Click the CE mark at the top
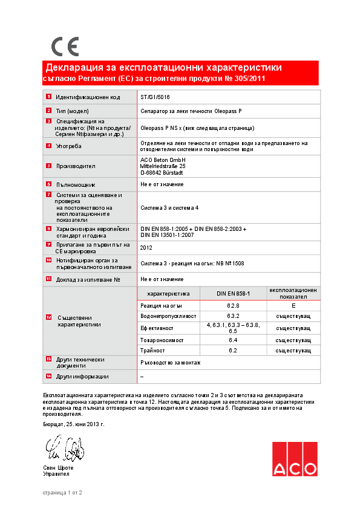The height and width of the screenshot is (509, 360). coord(65,46)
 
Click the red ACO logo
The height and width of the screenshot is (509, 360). coord(294,459)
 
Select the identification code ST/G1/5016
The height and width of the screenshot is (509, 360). coord(154,97)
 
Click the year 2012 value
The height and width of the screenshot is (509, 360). coord(146,247)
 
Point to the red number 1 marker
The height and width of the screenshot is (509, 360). coord(48,97)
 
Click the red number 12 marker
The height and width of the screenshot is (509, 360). coord(48,317)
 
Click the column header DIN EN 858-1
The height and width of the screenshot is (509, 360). coord(233,293)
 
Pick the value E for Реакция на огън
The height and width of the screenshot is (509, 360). coord(293,306)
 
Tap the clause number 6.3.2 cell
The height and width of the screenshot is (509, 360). coord(233,316)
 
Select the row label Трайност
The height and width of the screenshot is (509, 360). coord(152,351)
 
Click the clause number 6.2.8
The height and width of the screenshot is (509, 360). coord(233,306)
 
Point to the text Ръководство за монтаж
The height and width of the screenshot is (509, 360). coord(170,362)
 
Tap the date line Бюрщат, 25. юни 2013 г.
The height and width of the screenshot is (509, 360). coord(74,424)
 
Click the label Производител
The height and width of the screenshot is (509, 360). coord(76,165)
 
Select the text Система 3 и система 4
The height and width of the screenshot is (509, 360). coord(169,207)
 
